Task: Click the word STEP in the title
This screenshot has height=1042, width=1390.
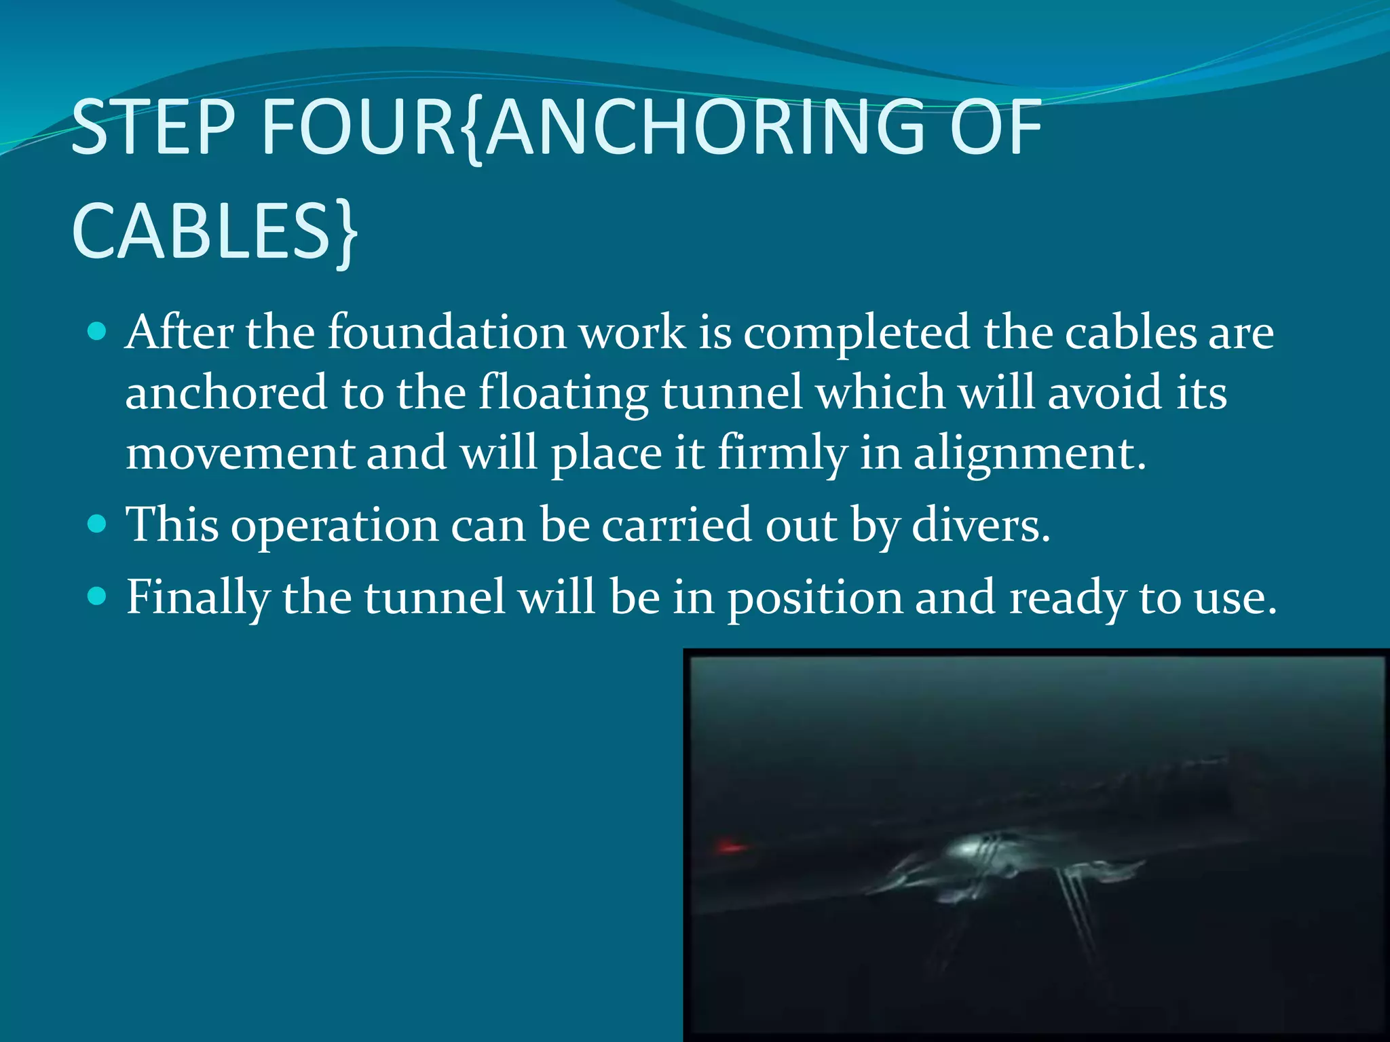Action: pyautogui.click(x=153, y=127)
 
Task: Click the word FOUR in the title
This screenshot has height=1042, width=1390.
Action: pyautogui.click(x=358, y=127)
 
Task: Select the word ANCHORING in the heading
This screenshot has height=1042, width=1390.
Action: pyautogui.click(x=707, y=127)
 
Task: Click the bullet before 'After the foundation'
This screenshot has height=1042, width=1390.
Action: pyautogui.click(x=98, y=331)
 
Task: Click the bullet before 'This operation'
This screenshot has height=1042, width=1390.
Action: pyautogui.click(x=98, y=524)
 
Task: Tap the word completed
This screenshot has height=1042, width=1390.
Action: pyautogui.click(x=857, y=334)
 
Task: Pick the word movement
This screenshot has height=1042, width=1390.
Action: pyautogui.click(x=240, y=453)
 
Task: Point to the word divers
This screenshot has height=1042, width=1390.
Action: pyautogui.click(x=980, y=525)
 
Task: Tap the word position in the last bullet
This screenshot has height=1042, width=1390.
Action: pyautogui.click(x=814, y=598)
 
